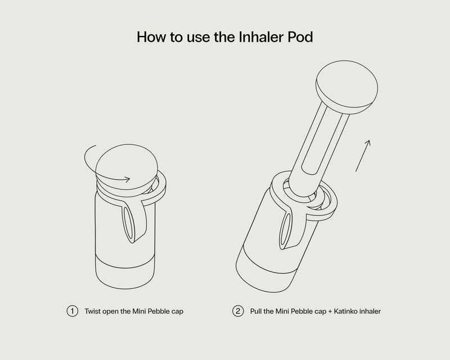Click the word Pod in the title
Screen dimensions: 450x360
click(x=300, y=37)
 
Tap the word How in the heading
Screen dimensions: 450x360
click(x=151, y=37)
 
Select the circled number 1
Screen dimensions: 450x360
click(x=73, y=311)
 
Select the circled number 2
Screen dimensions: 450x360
click(x=238, y=311)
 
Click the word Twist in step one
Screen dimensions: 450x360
click(x=92, y=311)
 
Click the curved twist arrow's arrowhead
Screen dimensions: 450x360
click(x=127, y=179)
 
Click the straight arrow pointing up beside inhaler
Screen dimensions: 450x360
click(x=363, y=156)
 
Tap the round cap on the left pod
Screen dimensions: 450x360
click(x=127, y=166)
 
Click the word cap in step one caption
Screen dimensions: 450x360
click(x=177, y=312)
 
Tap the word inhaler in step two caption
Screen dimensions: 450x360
click(x=370, y=311)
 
